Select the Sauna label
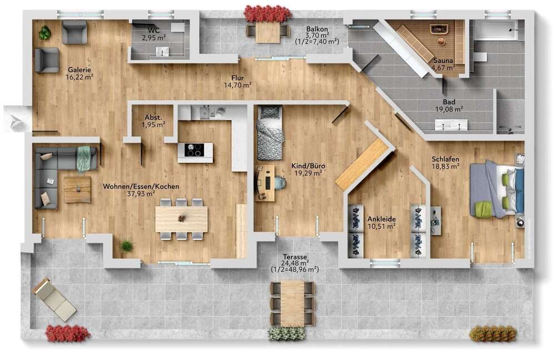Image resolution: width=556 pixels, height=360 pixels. click(x=443, y=61)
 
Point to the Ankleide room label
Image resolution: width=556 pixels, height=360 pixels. click(x=381, y=219)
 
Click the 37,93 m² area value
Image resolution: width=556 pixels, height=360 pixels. click(x=141, y=194)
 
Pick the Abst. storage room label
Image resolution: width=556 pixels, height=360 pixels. click(x=153, y=117)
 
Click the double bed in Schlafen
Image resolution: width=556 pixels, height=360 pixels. click(x=497, y=189)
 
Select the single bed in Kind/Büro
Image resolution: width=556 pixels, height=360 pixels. click(x=270, y=134)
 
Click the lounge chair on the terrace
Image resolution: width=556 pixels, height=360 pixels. click(x=54, y=299)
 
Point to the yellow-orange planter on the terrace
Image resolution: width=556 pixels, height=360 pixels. click(x=493, y=333)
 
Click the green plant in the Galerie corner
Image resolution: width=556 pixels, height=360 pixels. click(x=44, y=33)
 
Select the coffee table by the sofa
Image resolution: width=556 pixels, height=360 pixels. click(x=77, y=189)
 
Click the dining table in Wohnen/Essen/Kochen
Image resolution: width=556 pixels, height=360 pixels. click(x=181, y=219)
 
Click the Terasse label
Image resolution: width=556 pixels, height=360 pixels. click(x=294, y=257)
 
